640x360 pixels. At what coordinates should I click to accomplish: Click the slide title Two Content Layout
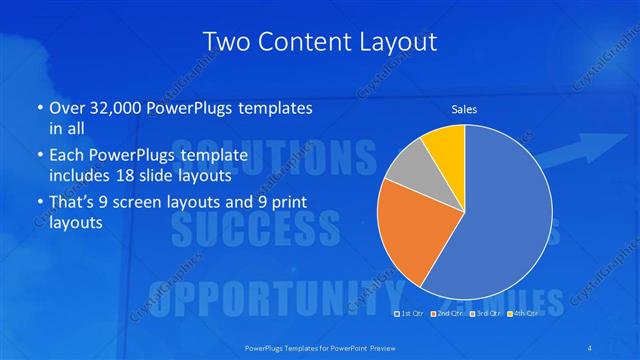tap(320, 41)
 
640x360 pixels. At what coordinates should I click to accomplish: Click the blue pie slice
tap(500, 220)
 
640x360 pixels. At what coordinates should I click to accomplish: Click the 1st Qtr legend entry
tap(411, 313)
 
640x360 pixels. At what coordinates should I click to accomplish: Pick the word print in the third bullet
tap(286, 203)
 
